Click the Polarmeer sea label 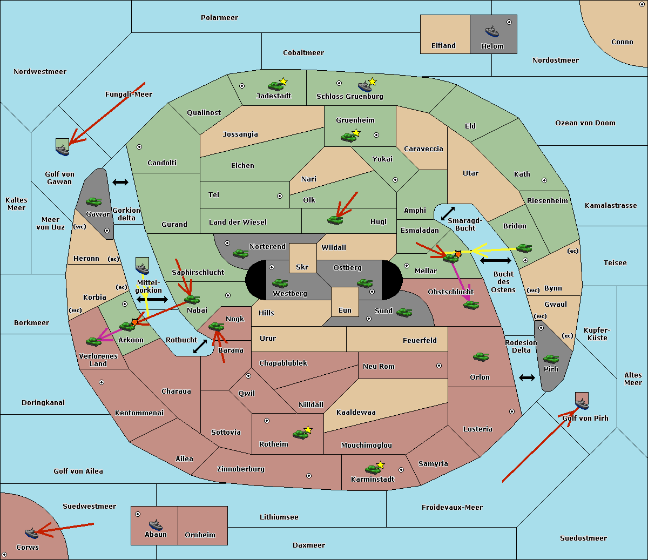coord(219,18)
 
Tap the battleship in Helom coord(491,31)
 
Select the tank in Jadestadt coord(276,85)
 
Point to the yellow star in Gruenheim coord(356,133)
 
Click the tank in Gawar coord(94,201)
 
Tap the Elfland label coord(443,46)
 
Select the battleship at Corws coord(31,533)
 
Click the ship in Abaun coord(156,524)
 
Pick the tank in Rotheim coord(301,434)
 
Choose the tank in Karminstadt coord(373,469)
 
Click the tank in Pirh coord(551,359)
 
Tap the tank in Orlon coord(481,357)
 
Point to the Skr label coord(302,267)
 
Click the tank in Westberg coord(280,283)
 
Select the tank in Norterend coord(240,253)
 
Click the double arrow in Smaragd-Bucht coord(448,213)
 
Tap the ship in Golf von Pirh coord(582,403)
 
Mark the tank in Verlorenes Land coord(93,341)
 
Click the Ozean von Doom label coord(585,123)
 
